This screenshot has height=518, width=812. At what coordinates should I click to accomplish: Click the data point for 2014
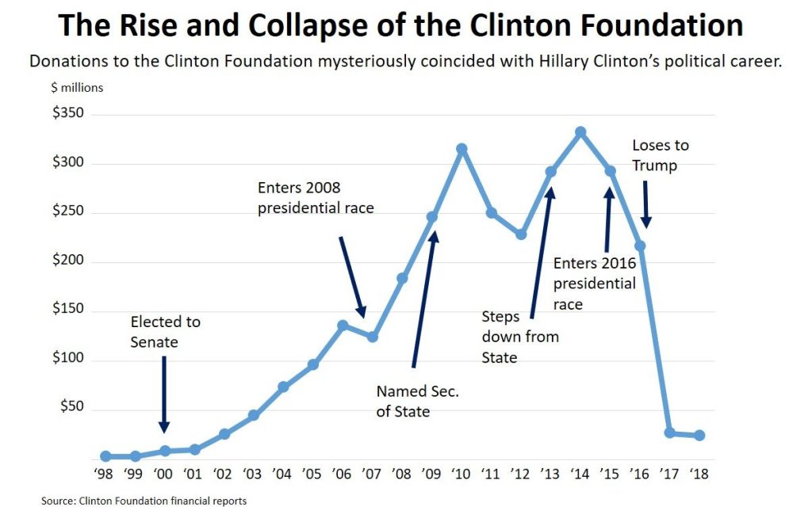(x=580, y=132)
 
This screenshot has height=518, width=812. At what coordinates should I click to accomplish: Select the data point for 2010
(x=462, y=149)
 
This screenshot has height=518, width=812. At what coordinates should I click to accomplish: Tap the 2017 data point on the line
(x=670, y=432)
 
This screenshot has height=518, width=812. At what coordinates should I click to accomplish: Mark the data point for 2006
(x=343, y=326)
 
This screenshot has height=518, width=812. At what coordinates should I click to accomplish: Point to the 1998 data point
(x=105, y=456)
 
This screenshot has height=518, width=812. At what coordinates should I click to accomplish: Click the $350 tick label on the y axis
(x=68, y=114)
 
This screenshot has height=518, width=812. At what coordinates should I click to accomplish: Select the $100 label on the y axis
(x=68, y=360)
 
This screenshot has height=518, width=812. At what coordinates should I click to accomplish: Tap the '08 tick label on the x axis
(x=402, y=474)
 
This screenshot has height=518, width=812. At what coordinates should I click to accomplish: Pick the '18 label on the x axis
(x=699, y=474)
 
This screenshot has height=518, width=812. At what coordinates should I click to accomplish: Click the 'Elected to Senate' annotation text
(x=165, y=332)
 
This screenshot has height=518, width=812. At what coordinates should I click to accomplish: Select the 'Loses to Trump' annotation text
(x=660, y=155)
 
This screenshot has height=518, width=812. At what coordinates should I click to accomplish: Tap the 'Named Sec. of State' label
(x=418, y=401)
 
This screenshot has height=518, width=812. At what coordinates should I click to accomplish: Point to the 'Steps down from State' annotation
(x=520, y=337)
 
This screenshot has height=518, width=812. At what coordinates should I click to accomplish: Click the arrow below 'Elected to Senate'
(x=164, y=393)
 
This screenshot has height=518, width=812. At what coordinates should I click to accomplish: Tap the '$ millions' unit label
(x=77, y=88)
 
